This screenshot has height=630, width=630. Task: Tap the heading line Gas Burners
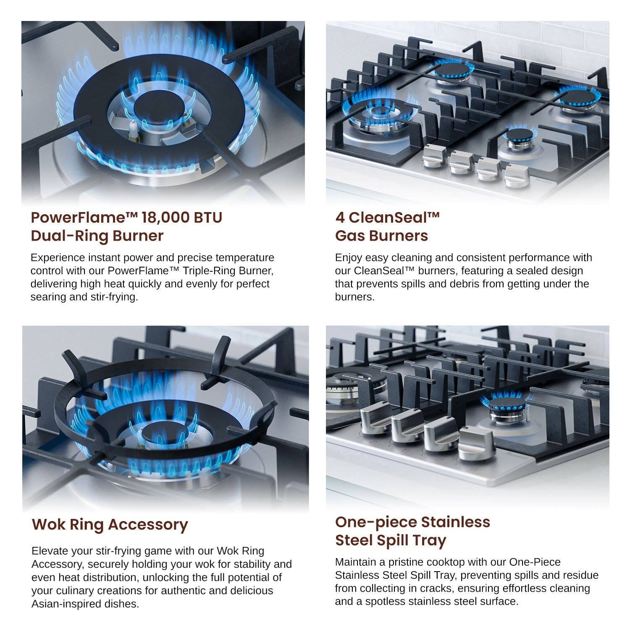point(381,236)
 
